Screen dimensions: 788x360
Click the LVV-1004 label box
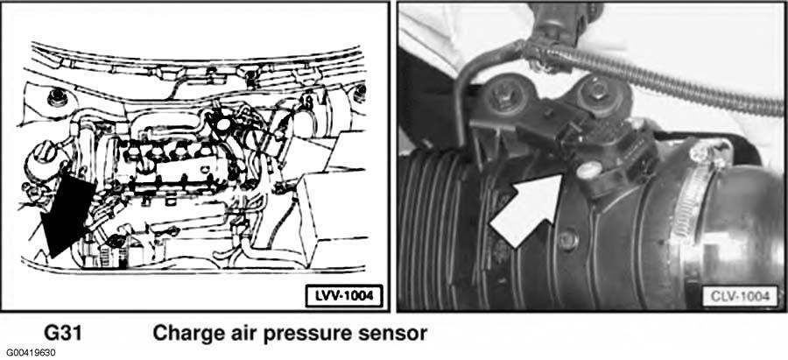point(344,296)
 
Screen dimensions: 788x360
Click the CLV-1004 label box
point(740,296)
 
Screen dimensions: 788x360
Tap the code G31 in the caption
point(63,333)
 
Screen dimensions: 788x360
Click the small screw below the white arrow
point(568,240)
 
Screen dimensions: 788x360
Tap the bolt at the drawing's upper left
point(57,97)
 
